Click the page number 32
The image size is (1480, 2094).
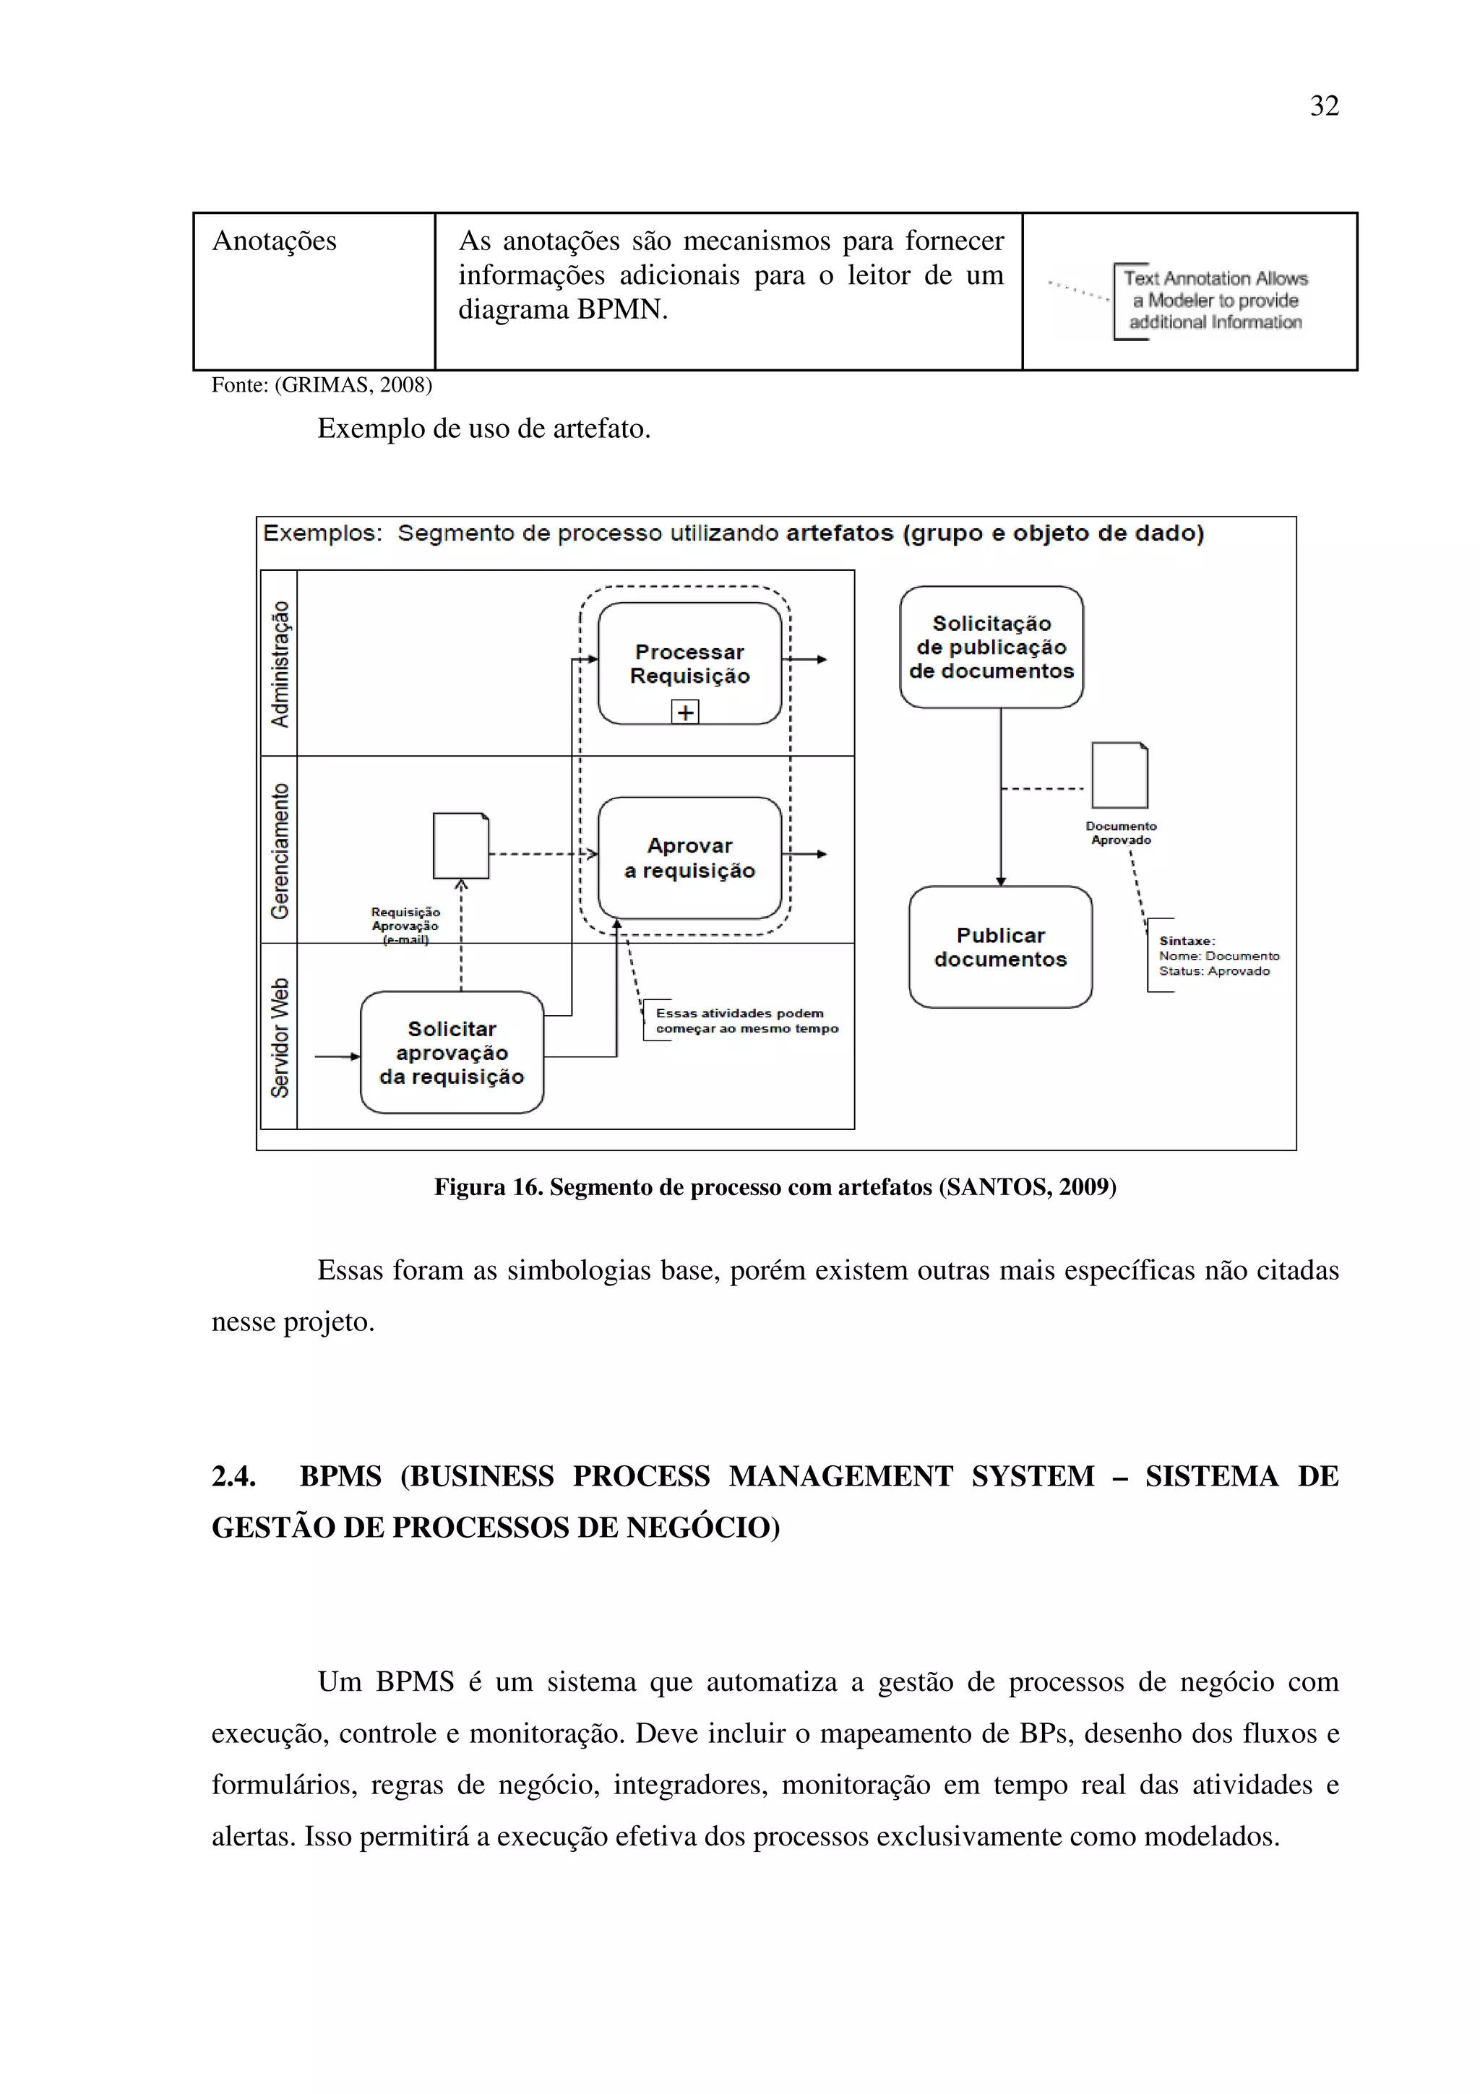coord(1323,105)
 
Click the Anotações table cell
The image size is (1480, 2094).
coord(275,241)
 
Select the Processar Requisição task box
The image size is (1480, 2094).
coord(689,663)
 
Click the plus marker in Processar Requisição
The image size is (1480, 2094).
coord(685,712)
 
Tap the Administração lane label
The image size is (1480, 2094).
coord(280,664)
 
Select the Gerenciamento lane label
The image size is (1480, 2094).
coord(280,850)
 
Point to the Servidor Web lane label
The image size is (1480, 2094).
coord(280,1037)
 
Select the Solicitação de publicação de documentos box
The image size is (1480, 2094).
coord(991,647)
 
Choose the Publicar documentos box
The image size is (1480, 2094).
coord(1000,947)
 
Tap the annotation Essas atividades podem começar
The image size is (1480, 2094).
coord(745,1020)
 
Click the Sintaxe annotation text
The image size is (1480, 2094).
coord(1218,956)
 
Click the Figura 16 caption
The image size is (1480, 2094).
coord(775,1186)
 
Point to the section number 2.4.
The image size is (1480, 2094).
coord(233,1475)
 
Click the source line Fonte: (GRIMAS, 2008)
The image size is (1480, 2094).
coord(321,385)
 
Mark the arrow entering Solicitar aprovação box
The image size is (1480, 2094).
coord(337,1056)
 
